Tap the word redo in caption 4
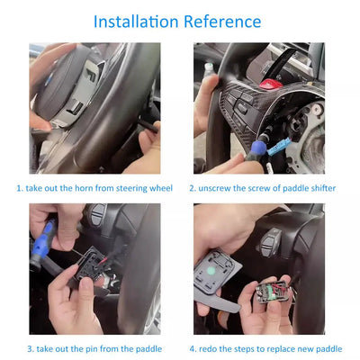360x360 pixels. [211, 348]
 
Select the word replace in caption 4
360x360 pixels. [283, 348]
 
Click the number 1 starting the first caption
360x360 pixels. [19, 189]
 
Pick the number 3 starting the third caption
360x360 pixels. [30, 348]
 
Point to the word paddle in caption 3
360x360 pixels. [149, 348]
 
